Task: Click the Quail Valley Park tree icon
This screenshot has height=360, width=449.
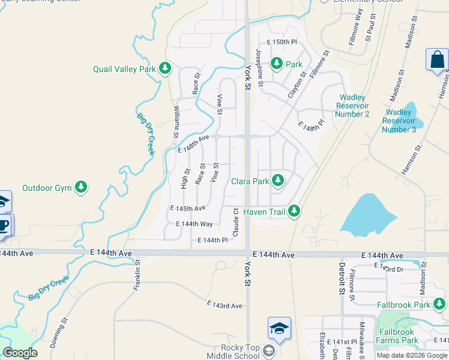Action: coord(165,69)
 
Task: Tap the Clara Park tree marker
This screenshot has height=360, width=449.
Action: coord(277,181)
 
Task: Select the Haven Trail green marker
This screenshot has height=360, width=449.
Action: coord(294,211)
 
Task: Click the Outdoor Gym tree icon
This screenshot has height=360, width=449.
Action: coord(81,188)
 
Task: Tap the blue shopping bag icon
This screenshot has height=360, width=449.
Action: coord(437,61)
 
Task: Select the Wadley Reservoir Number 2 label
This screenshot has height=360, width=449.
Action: coord(353,106)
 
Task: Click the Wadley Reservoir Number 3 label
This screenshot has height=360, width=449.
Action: coord(399,121)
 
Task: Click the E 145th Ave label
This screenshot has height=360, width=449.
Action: coord(188,208)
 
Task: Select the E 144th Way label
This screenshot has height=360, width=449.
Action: coord(194,224)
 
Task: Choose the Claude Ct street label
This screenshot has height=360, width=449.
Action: coord(237,221)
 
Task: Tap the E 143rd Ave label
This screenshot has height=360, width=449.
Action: coord(224,305)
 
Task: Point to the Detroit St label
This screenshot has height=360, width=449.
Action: coord(341,277)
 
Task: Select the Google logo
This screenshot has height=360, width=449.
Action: coord(20,352)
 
